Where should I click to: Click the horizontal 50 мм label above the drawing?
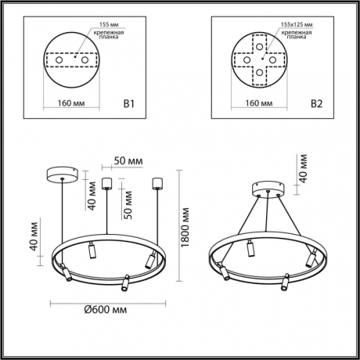(x=128, y=160)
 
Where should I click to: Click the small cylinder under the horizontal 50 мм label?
(x=108, y=185)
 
